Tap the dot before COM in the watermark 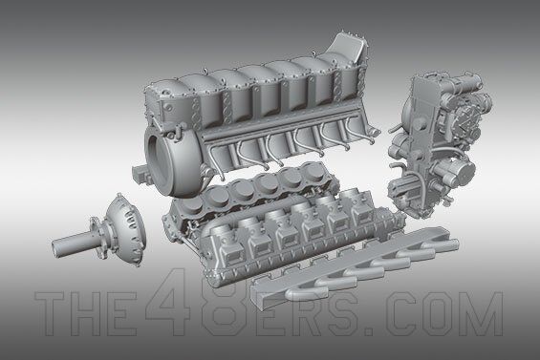point(369,331)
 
